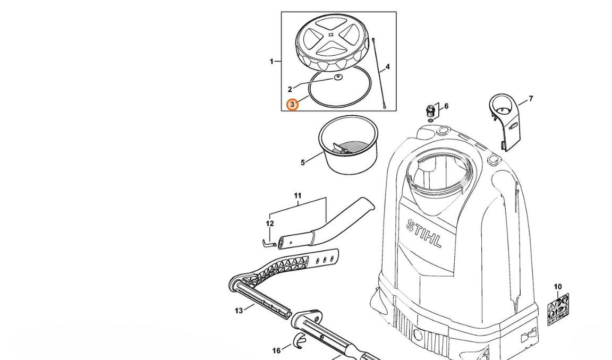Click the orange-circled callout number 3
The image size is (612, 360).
pyautogui.click(x=292, y=105)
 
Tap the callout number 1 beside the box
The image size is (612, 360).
pyautogui.click(x=271, y=61)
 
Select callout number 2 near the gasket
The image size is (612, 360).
pyautogui.click(x=290, y=89)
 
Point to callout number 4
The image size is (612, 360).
pyautogui.click(x=388, y=67)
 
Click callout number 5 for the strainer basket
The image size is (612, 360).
pyautogui.click(x=302, y=162)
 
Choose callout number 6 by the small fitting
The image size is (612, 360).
pyautogui.click(x=446, y=106)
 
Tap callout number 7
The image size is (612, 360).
pyautogui.click(x=531, y=99)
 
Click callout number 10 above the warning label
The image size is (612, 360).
pyautogui.click(x=558, y=287)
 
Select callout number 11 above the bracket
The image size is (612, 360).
pyautogui.click(x=298, y=196)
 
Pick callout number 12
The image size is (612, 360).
pyautogui.click(x=270, y=224)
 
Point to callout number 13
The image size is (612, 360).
pyautogui.click(x=239, y=311)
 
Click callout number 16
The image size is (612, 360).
pyautogui.click(x=276, y=351)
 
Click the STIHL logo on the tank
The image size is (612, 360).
pyautogui.click(x=424, y=234)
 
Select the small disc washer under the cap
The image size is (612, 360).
pyautogui.click(x=338, y=78)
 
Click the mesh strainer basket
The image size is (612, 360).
pyautogui.click(x=348, y=144)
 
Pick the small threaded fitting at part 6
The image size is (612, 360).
pyautogui.click(x=430, y=111)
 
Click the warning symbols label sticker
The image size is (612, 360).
pyautogui.click(x=558, y=310)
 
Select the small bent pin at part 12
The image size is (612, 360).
pyautogui.click(x=269, y=244)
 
